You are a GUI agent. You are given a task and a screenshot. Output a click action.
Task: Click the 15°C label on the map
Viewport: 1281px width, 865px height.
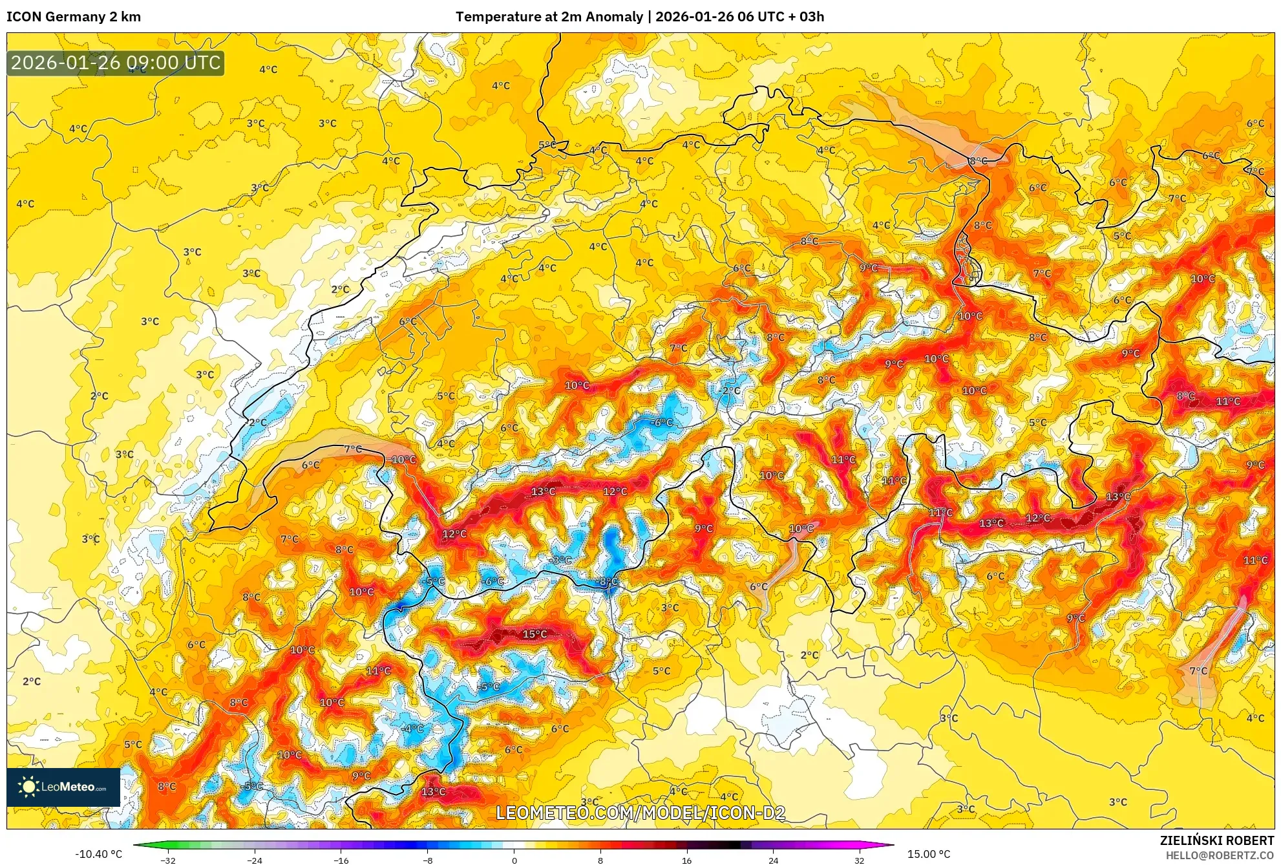point(535,634)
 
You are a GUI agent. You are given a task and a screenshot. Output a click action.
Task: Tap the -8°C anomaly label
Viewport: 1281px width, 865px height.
point(607,582)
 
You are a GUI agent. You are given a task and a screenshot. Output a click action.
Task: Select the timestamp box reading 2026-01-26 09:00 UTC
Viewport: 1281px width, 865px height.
point(116,63)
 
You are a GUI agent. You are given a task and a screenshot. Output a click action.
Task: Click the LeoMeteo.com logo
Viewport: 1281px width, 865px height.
point(63,787)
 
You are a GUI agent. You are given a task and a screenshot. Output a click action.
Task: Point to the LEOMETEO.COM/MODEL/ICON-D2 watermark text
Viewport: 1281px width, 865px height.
point(640,813)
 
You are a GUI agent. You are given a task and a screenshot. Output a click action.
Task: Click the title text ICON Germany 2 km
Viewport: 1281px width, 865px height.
point(74,17)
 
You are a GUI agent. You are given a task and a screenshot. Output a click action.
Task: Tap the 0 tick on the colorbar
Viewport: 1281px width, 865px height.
point(514,860)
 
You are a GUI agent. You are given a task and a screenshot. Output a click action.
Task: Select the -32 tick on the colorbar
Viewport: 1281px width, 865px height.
point(167,860)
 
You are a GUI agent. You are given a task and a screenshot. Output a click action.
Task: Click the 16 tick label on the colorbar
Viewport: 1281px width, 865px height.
point(686,860)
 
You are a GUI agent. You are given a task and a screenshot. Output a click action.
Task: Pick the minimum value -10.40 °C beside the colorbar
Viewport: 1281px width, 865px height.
point(98,854)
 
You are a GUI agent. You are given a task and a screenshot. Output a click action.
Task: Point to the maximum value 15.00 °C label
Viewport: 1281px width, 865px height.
point(929,854)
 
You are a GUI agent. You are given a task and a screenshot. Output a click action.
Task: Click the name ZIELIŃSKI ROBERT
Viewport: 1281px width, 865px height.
point(1216,840)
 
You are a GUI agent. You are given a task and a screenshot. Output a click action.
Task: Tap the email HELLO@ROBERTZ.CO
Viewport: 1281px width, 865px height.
point(1219,855)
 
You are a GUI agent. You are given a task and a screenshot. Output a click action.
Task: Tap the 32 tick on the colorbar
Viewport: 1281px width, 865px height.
point(859,860)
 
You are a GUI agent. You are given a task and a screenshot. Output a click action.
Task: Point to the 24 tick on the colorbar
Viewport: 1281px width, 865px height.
point(773,860)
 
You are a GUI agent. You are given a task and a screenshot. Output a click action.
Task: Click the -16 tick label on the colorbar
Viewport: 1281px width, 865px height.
point(341,860)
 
